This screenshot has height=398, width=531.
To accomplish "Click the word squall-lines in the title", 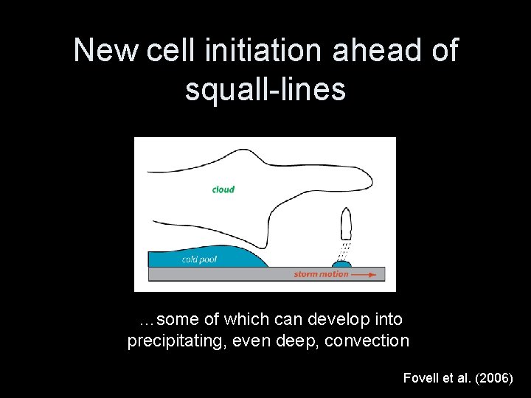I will [x=265, y=89].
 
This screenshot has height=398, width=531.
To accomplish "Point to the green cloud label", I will [x=223, y=189].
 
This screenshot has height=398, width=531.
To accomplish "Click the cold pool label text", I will [x=199, y=259].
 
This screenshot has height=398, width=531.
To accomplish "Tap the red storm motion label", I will [x=321, y=274].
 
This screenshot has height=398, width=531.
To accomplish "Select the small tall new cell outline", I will [x=347, y=223].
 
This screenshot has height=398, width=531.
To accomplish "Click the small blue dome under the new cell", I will [x=341, y=263].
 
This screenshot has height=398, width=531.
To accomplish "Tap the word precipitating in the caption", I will [x=172, y=341].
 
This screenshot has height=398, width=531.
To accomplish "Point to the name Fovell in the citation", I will [x=421, y=377].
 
